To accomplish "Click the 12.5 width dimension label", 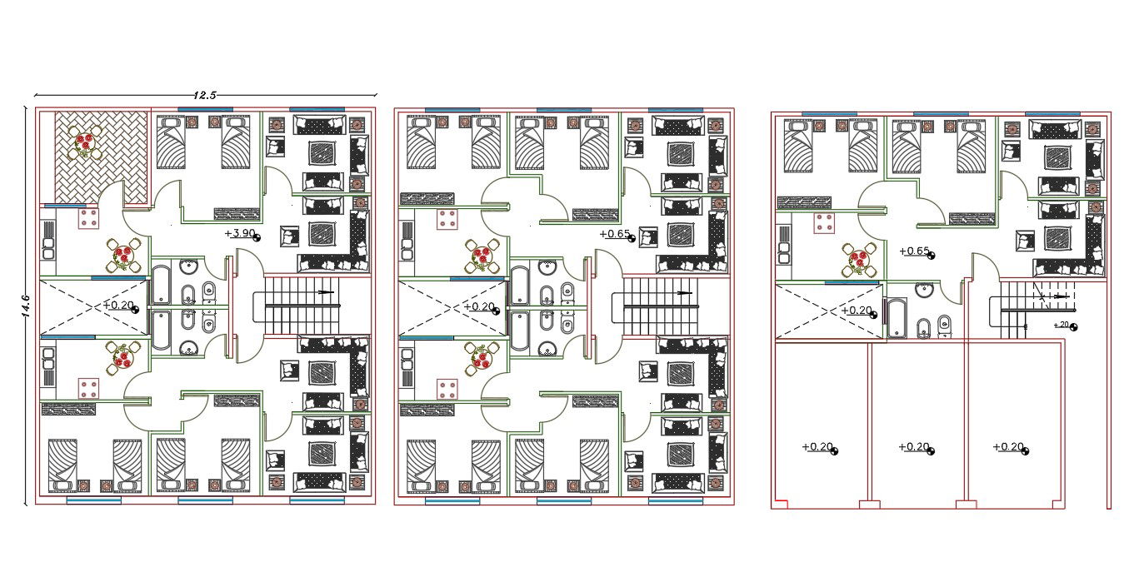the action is pyautogui.click(x=205, y=95).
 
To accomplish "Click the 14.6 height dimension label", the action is pyautogui.click(x=26, y=306).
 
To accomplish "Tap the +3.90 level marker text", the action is pyautogui.click(x=240, y=233).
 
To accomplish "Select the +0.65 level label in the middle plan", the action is pyautogui.click(x=615, y=234).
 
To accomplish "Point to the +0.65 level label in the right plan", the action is pyautogui.click(x=915, y=251).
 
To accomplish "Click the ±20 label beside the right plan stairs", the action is pyautogui.click(x=1062, y=325).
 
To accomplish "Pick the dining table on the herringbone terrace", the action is pyautogui.click(x=84, y=142).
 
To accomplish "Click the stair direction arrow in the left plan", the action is pyautogui.click(x=326, y=291).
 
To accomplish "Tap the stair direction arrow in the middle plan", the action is pyautogui.click(x=685, y=293).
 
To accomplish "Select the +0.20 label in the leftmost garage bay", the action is pyautogui.click(x=817, y=446).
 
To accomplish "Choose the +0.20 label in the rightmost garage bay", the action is pyautogui.click(x=1008, y=446).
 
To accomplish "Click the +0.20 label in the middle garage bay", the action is pyautogui.click(x=914, y=446).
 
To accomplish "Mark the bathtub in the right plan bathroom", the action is pyautogui.click(x=897, y=318).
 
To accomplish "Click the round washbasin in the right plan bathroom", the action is pyautogui.click(x=924, y=291).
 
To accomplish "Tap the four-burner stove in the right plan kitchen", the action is pyautogui.click(x=824, y=223).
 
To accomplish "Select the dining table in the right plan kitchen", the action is pyautogui.click(x=859, y=260).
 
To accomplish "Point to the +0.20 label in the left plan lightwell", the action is pyautogui.click(x=118, y=305).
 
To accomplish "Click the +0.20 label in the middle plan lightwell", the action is pyautogui.click(x=479, y=306).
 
